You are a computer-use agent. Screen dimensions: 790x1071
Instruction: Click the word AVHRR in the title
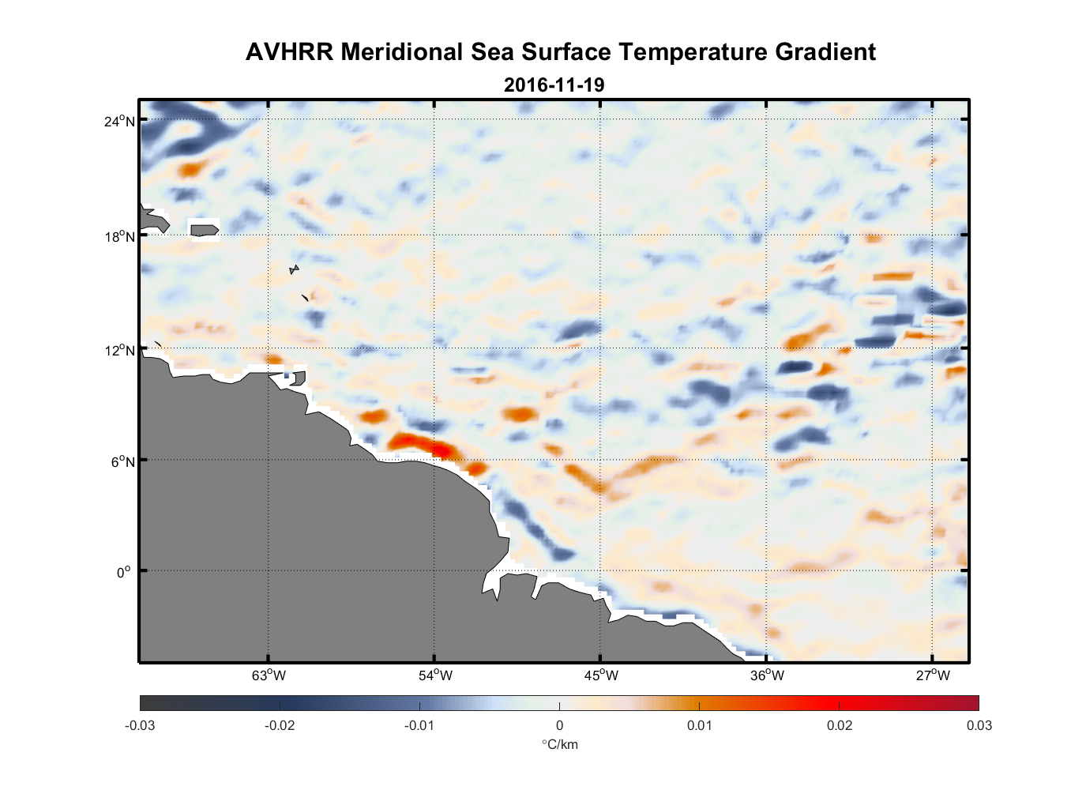(x=289, y=52)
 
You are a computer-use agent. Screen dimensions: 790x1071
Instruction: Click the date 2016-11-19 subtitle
(x=554, y=85)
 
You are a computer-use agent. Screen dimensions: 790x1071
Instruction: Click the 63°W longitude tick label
(x=269, y=675)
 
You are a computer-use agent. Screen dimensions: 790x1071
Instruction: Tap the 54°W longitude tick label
(x=435, y=675)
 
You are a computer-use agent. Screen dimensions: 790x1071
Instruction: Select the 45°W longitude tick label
(x=601, y=675)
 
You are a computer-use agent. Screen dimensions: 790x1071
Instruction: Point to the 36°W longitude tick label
(x=767, y=675)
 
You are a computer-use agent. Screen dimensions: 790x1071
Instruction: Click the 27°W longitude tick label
(x=933, y=675)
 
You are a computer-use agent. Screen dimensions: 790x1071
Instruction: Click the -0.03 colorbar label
(x=140, y=726)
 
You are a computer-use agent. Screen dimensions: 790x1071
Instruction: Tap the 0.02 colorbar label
(x=840, y=726)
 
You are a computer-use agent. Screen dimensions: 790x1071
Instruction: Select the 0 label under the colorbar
(x=559, y=726)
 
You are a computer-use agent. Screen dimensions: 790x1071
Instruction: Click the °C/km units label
(x=559, y=744)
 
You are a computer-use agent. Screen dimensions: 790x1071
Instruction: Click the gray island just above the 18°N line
(x=205, y=230)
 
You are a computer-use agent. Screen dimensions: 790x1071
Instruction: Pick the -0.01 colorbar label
(x=419, y=726)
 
